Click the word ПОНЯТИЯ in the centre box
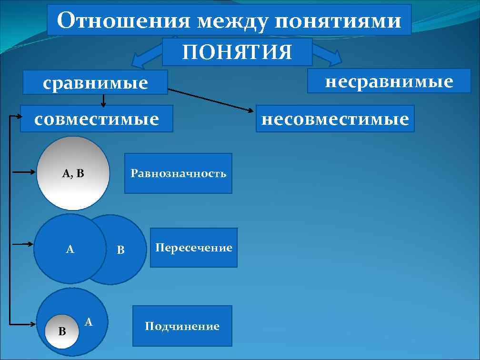(x=237, y=52)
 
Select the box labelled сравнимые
(x=96, y=83)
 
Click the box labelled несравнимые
(x=389, y=81)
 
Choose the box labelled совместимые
(x=97, y=119)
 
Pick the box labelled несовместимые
(x=335, y=119)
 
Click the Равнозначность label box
(x=179, y=173)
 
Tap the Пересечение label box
(x=194, y=248)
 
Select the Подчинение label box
(x=182, y=326)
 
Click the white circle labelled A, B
(x=73, y=173)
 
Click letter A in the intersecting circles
(x=70, y=249)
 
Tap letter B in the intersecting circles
(x=121, y=250)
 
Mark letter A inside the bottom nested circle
(x=88, y=322)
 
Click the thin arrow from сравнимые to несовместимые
(x=212, y=100)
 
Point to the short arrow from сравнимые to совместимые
(x=103, y=100)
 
